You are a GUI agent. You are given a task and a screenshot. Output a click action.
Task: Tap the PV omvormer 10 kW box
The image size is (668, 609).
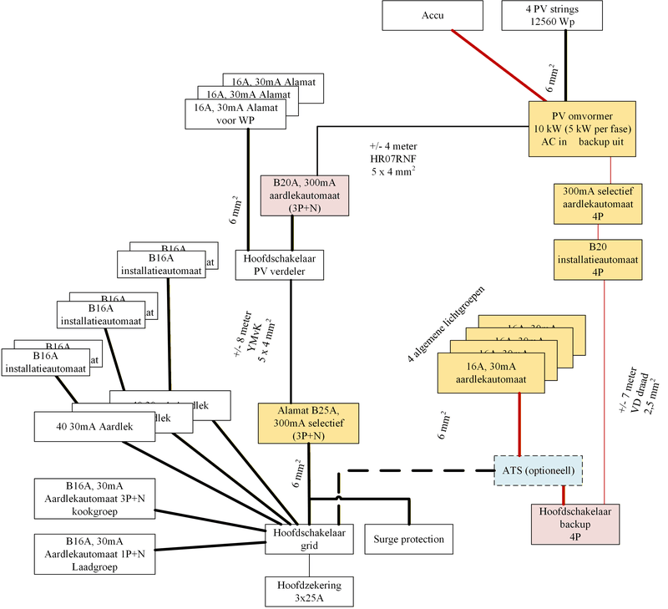tap(583, 128)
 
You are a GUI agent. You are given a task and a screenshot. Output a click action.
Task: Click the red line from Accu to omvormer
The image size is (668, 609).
tap(493, 65)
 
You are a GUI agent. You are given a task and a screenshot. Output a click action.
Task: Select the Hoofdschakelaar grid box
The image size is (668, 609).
tap(311, 540)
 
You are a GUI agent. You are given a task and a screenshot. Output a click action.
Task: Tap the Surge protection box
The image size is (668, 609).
tap(409, 539)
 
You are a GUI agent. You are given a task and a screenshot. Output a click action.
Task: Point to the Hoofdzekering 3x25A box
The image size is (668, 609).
tap(310, 591)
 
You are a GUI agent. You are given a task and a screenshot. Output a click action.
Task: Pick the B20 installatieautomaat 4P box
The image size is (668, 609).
tap(597, 258)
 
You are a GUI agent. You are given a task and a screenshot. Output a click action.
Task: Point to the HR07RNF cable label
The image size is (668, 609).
tap(394, 158)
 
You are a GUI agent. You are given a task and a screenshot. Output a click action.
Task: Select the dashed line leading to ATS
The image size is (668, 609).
tap(417, 470)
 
